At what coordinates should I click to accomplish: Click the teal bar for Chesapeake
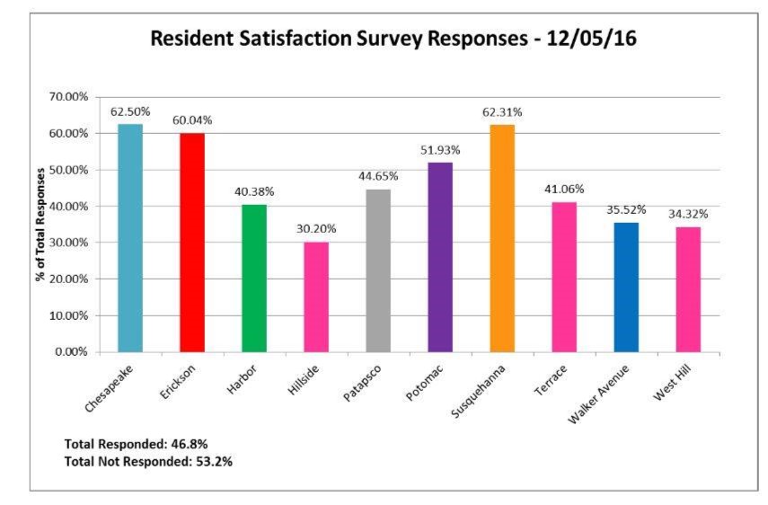(x=130, y=238)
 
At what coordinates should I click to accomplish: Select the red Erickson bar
(x=192, y=243)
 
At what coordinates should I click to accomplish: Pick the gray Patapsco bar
(x=378, y=270)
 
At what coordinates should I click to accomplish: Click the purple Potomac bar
(x=440, y=257)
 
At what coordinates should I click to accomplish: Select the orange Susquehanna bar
(x=502, y=238)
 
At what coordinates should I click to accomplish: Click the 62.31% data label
(x=502, y=112)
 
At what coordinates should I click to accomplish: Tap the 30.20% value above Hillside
(x=316, y=229)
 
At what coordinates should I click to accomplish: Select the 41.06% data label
(x=564, y=189)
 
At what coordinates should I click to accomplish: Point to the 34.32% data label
(x=688, y=214)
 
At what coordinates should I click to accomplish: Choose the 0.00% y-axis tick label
(x=73, y=352)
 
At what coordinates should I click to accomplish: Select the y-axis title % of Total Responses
(x=41, y=225)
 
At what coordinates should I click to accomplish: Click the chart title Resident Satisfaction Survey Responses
(x=393, y=40)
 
